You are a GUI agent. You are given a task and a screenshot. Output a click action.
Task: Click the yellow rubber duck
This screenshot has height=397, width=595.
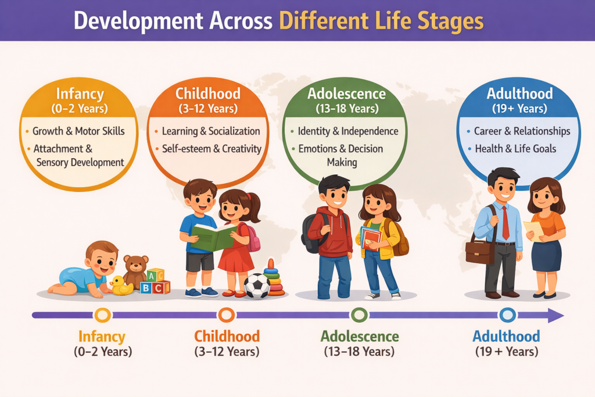click(121, 286)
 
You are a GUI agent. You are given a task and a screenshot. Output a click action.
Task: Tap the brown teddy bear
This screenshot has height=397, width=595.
click(135, 270)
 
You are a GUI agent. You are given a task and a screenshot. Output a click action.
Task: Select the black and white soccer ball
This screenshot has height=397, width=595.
click(257, 285)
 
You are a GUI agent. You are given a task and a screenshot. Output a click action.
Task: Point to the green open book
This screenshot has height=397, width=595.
click(213, 237)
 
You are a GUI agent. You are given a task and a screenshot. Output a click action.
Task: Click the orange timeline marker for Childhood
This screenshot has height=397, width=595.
click(227, 315)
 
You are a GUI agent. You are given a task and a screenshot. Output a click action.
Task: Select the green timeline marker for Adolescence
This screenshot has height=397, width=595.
click(359, 315)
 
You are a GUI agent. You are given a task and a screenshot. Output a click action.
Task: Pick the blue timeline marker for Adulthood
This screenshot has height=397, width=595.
click(507, 315)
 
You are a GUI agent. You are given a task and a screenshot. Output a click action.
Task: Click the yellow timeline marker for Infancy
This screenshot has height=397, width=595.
click(102, 315)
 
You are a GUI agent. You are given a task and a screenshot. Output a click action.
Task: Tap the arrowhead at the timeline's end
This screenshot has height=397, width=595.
click(556, 316)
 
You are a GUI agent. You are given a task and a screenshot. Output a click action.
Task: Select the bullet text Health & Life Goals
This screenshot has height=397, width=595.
click(515, 149)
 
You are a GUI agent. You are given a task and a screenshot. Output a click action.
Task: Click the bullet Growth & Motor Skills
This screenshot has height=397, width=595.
click(78, 131)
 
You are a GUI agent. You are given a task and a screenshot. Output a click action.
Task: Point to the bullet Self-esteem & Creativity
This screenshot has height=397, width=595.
click(212, 149)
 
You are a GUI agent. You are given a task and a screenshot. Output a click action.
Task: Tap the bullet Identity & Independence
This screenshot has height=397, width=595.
click(348, 131)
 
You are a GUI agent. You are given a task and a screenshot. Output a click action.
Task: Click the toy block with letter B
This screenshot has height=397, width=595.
click(145, 288)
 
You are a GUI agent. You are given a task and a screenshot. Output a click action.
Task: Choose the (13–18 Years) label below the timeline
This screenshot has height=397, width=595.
click(359, 352)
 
